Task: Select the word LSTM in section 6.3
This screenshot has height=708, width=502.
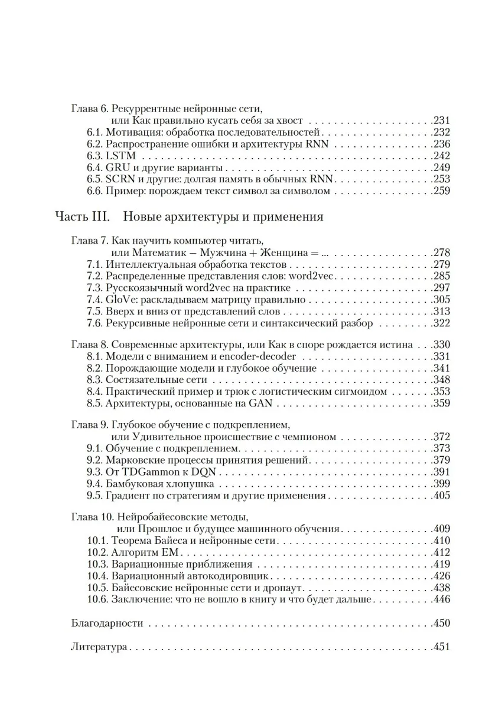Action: point(120,156)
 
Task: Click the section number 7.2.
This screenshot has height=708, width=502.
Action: point(94,276)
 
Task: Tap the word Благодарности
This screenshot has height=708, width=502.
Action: point(107,623)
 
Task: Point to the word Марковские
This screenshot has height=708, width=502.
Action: point(133,460)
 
